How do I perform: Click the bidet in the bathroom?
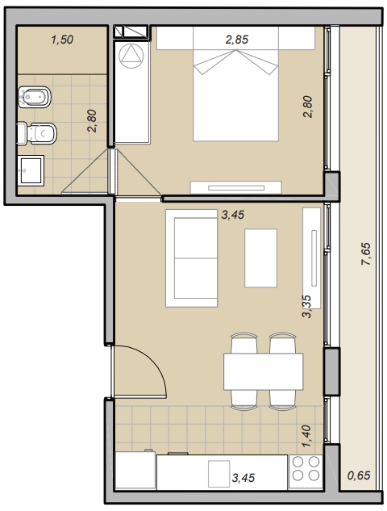[x=35, y=97]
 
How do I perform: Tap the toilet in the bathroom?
[x=37, y=133]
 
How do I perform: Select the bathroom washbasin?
[x=31, y=170]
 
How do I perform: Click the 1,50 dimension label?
[x=62, y=40]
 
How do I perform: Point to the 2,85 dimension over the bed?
[x=237, y=40]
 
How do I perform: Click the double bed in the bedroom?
[x=235, y=84]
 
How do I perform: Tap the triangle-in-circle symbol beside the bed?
[x=131, y=56]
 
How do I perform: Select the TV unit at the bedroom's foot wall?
[x=236, y=187]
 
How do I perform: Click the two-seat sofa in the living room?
[x=191, y=258]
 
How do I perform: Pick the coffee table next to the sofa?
[x=260, y=258]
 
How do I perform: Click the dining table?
[x=264, y=371]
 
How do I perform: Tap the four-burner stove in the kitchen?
[x=306, y=468]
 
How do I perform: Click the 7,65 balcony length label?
[x=367, y=253]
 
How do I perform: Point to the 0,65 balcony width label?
[x=359, y=475]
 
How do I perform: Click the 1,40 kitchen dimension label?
[x=306, y=436]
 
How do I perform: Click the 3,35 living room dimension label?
[x=306, y=306]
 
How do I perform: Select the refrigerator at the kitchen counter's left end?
[x=135, y=470]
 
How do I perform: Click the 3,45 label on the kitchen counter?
[x=243, y=478]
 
